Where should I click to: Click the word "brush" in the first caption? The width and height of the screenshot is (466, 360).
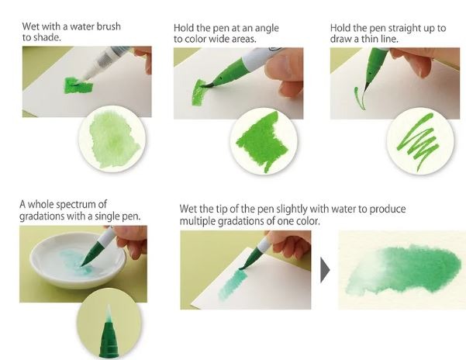coord(109,26)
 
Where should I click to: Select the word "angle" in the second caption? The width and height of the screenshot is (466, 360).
coord(266,28)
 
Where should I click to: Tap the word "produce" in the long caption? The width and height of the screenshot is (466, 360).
coord(387,209)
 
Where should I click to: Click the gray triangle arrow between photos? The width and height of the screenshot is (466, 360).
coord(325,270)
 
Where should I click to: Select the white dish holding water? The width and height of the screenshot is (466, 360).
coord(78,260)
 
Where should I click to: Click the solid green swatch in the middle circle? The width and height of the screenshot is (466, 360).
coord(263,140)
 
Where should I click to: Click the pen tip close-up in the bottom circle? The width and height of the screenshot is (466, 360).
coord(109,331)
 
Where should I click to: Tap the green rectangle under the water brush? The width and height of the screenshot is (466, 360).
coord(78,85)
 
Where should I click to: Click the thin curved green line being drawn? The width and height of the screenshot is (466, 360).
coord(360,98)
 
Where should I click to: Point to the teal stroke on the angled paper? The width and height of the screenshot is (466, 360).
coord(233,285)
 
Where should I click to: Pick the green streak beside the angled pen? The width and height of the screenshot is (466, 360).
coord(198,92)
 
